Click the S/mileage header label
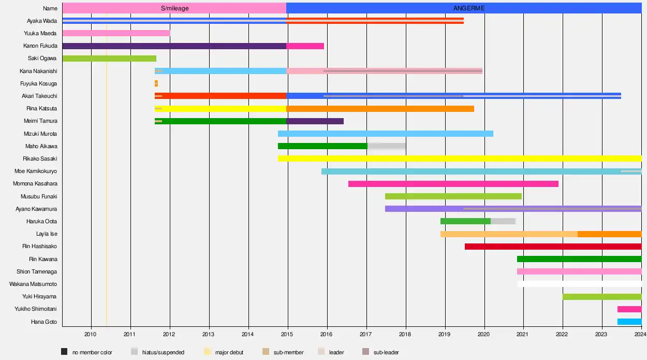pos(175,8)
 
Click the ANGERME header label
pos(469,8)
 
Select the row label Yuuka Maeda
pos(40,33)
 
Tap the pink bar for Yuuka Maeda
pos(116,33)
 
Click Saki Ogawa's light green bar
pos(109,59)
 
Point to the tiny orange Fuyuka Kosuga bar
pos(156,83)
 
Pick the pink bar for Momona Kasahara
pos(453,184)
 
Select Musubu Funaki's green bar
pos(453,196)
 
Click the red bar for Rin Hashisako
pos(553,247)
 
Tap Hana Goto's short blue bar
pos(629,322)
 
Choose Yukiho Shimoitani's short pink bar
pos(629,309)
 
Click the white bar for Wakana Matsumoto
pos(579,284)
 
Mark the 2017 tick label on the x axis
pos(366,334)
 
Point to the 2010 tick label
pos(91,334)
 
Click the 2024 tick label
pos(641,334)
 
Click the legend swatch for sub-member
pos(266,352)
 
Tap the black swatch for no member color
pos(65,352)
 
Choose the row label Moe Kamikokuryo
pos(36,171)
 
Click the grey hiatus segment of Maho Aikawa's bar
pos(387,146)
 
